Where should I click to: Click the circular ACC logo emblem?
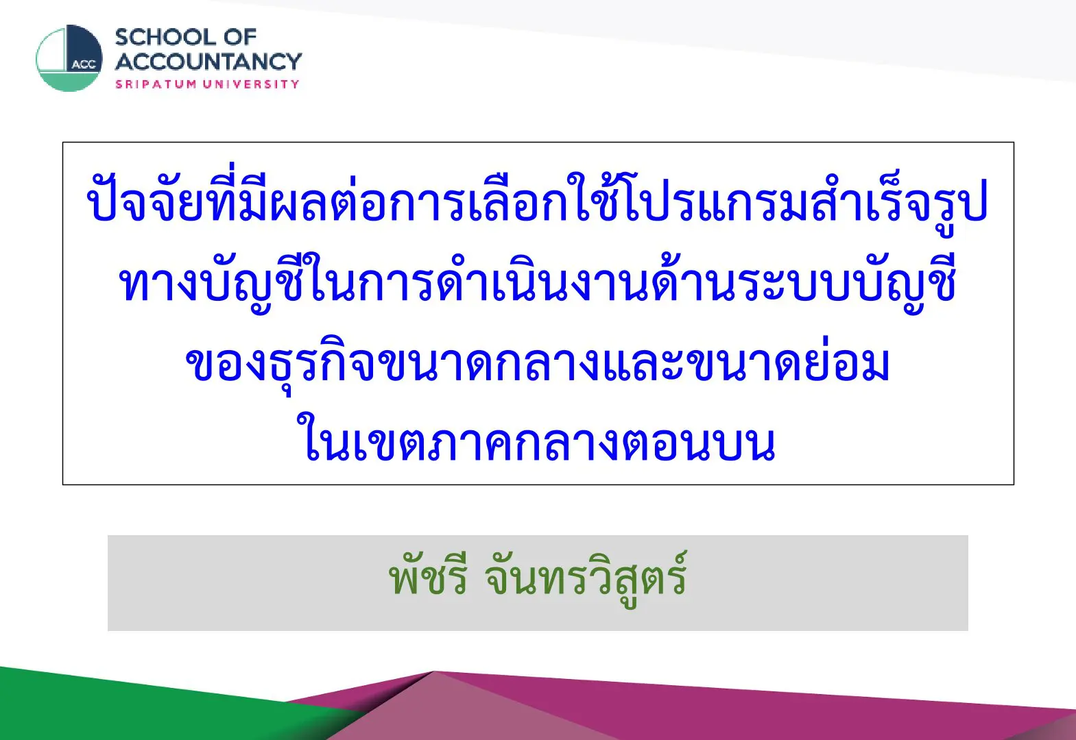pos(69,58)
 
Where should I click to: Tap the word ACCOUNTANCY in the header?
pos(208,62)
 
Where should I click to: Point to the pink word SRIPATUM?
pos(156,84)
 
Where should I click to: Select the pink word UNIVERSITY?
pos(251,84)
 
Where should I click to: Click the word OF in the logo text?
pos(240,38)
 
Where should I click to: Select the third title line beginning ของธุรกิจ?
pos(538,365)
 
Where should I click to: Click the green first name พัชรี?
pos(428,578)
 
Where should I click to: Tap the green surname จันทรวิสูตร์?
pos(587,578)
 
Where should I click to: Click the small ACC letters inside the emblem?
pos(84,65)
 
